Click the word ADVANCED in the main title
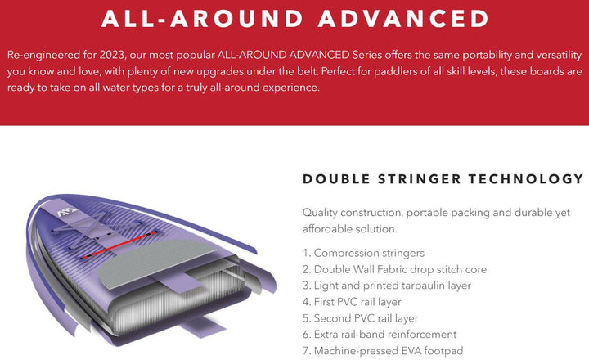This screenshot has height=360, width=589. pyautogui.click(x=403, y=19)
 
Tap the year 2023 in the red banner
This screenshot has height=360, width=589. pyautogui.click(x=112, y=56)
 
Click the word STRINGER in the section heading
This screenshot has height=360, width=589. pyautogui.click(x=419, y=179)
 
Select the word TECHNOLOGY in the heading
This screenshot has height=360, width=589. pyautogui.click(x=526, y=179)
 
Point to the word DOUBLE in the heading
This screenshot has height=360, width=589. pyautogui.click(x=336, y=179)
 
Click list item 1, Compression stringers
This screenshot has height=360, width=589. pyautogui.click(x=363, y=253)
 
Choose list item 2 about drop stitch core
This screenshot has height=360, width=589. pyautogui.click(x=395, y=269)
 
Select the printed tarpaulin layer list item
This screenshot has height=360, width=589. pyautogui.click(x=387, y=286)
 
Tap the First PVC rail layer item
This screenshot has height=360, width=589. pyautogui.click(x=352, y=302)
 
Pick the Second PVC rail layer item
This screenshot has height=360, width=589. pyautogui.click(x=360, y=318)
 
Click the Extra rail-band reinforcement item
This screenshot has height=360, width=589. pyautogui.click(x=380, y=335)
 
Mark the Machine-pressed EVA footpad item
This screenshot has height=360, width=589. pyautogui.click(x=383, y=351)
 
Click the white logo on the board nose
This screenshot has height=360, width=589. pyautogui.click(x=67, y=212)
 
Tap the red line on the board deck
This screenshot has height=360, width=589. pyautogui.click(x=119, y=245)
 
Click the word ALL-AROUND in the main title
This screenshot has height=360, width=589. pyautogui.click(x=202, y=19)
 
